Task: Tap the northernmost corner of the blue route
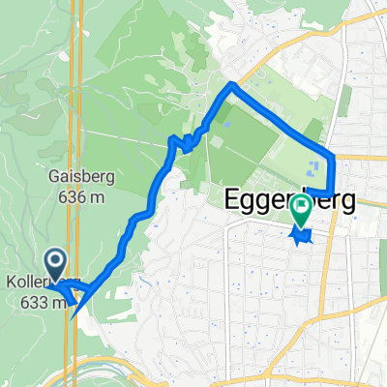231,86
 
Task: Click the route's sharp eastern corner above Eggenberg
334,155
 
